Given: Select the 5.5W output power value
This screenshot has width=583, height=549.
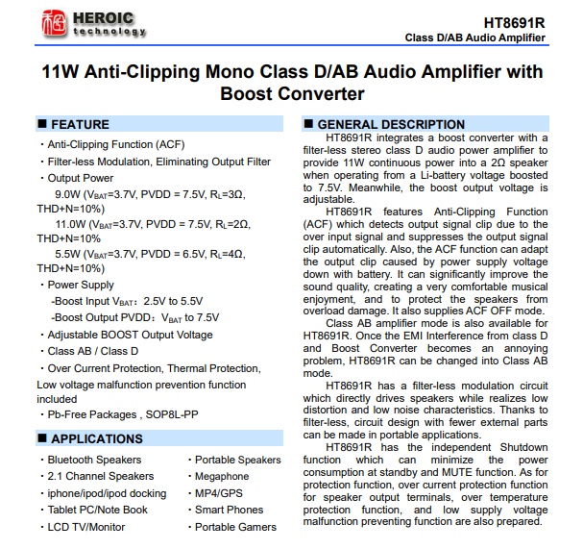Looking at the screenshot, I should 68,254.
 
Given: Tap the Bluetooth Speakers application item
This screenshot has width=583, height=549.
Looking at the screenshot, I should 94,460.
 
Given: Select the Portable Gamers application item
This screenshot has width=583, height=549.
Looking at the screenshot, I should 235,527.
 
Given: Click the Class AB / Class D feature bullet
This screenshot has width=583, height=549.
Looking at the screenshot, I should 93,351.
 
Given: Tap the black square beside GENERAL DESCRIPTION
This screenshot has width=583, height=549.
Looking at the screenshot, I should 308,125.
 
